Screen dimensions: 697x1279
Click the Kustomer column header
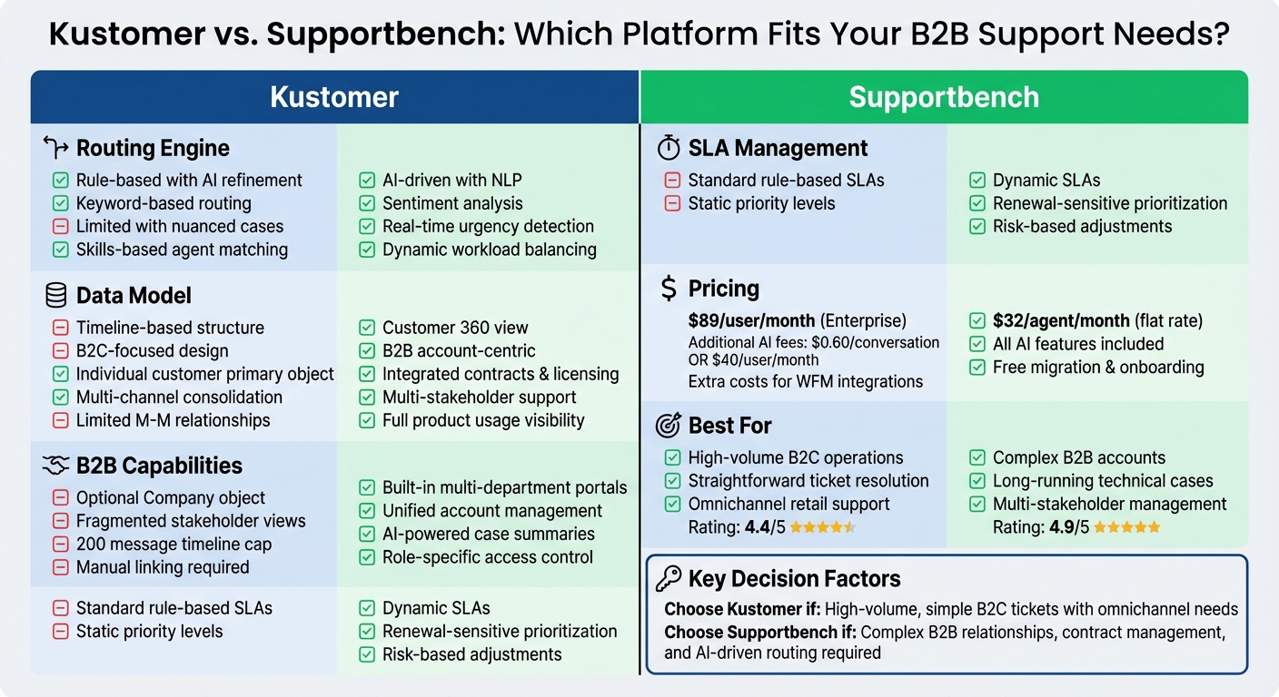[x=334, y=97]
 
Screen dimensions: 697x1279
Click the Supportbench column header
[x=944, y=97]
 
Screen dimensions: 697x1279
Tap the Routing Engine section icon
[x=56, y=148]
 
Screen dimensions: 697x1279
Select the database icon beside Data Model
[x=56, y=295]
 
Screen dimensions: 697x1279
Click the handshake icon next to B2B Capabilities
[x=56, y=466]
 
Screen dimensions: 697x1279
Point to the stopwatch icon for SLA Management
[x=669, y=148]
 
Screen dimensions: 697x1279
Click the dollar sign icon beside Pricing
[x=669, y=289]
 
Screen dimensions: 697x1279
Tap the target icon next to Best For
[x=669, y=426]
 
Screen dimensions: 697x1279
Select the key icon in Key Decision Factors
[x=669, y=579]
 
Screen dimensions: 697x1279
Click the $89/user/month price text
[x=751, y=320]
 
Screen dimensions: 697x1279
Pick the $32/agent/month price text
[x=1061, y=320]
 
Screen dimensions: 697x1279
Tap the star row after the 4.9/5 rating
[x=1127, y=527]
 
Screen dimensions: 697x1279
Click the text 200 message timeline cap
[x=174, y=545]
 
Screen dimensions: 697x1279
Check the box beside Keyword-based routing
[x=61, y=203]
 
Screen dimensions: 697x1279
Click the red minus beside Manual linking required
[x=61, y=567]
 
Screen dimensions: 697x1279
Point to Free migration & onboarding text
[x=1098, y=368]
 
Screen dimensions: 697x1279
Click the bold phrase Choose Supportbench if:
[x=759, y=632]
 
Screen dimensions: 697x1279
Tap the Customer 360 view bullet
[x=455, y=328]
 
